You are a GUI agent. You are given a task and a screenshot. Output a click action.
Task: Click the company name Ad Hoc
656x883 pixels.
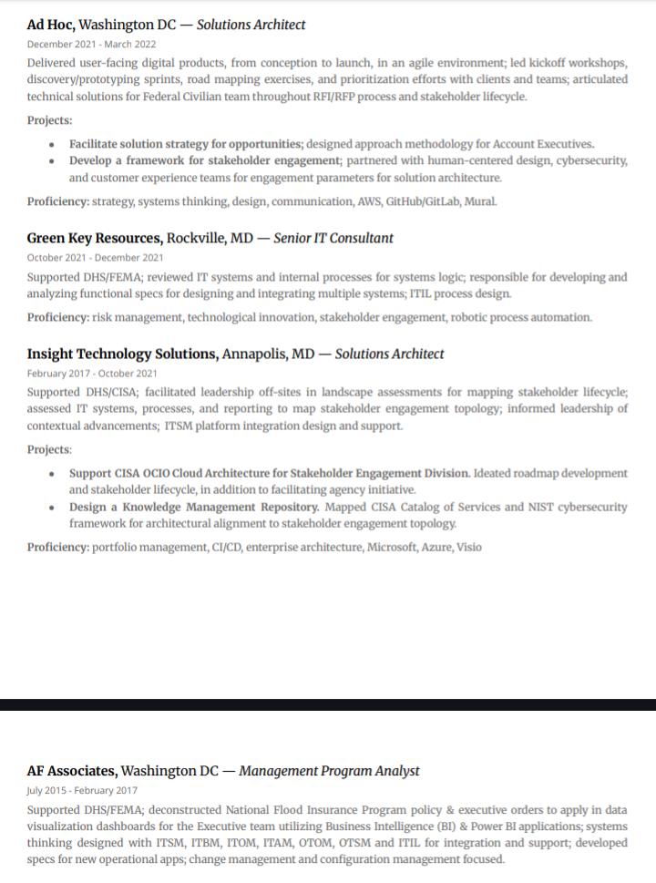pos(50,26)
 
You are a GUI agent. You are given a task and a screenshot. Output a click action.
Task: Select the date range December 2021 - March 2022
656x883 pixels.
pos(91,44)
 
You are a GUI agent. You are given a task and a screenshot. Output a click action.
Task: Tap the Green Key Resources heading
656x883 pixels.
pos(94,239)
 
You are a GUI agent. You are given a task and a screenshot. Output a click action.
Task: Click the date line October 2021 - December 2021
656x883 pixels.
pos(95,258)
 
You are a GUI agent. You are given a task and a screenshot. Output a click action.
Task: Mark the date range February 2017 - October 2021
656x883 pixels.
pos(92,374)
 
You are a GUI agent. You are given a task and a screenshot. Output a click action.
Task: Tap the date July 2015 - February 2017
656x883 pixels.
pos(82,790)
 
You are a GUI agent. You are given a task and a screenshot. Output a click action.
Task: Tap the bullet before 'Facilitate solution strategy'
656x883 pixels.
pos(52,144)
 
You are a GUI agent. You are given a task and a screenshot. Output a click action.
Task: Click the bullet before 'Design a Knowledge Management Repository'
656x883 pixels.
pos(52,508)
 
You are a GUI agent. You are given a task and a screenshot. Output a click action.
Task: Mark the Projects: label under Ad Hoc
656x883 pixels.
pos(49,120)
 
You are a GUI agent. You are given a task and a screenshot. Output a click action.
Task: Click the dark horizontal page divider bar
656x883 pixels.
pos(328,704)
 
